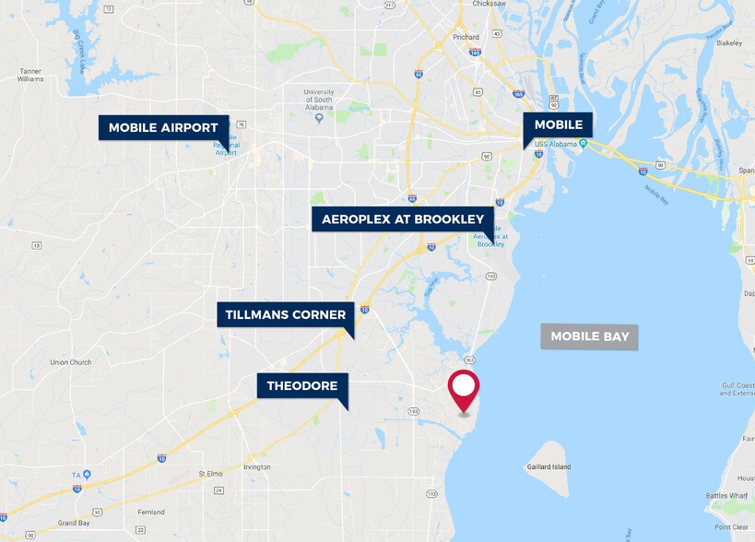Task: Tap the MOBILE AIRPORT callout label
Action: point(163,127)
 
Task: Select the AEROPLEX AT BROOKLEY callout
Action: point(402,219)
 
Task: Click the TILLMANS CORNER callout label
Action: point(286,314)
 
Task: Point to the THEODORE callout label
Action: point(302,385)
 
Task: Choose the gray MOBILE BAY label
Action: point(589,336)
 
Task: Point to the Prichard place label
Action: point(466,37)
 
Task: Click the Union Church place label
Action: point(71,362)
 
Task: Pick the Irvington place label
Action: point(257,467)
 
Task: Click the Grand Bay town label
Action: point(73,523)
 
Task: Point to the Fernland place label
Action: point(150,513)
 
